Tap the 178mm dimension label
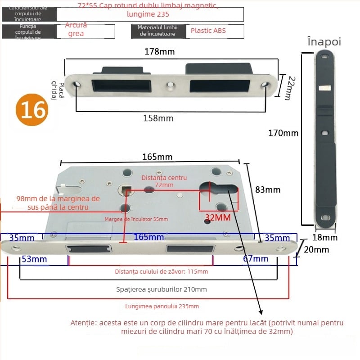[x=159, y=51]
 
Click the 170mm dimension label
[x=283, y=133]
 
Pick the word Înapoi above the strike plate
[x=324, y=42]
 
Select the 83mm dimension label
[x=267, y=189]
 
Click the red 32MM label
[x=218, y=218]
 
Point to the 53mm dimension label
[x=34, y=259]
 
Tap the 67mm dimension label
[x=255, y=259]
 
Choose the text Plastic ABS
[x=208, y=31]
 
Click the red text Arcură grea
[x=76, y=29]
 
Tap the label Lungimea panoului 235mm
[x=162, y=306]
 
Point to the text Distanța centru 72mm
[x=164, y=181]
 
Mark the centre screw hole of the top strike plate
[x=171, y=85]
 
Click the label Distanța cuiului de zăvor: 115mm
[x=161, y=271]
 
